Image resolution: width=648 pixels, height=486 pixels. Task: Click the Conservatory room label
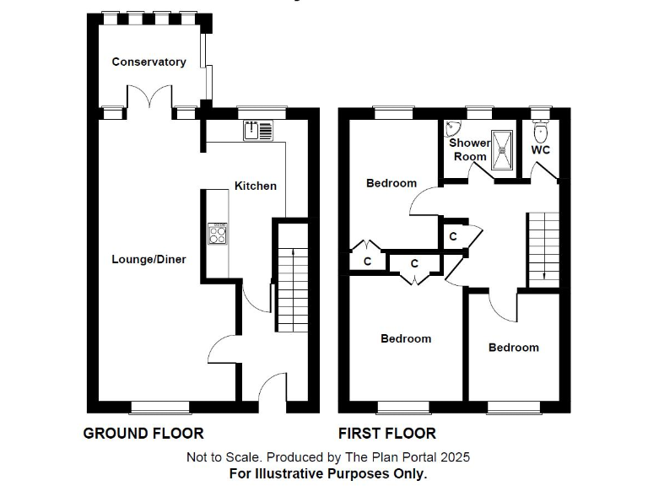[148, 62]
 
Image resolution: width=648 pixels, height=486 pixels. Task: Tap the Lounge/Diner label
[148, 259]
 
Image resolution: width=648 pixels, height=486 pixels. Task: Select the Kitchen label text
[255, 186]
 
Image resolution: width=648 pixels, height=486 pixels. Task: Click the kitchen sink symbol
[259, 130]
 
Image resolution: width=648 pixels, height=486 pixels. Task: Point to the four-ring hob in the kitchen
[218, 232]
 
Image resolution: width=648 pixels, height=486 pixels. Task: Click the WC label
[541, 150]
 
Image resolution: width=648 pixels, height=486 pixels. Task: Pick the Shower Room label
[470, 149]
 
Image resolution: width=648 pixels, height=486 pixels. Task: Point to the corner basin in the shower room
[451, 129]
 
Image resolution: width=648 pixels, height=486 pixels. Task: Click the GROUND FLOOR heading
[143, 434]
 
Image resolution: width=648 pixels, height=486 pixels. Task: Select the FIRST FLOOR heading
[387, 434]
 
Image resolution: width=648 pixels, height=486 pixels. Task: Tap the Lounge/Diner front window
[159, 407]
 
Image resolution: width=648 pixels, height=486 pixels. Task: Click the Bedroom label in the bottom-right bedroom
[513, 348]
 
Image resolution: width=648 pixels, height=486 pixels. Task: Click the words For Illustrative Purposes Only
[328, 473]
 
